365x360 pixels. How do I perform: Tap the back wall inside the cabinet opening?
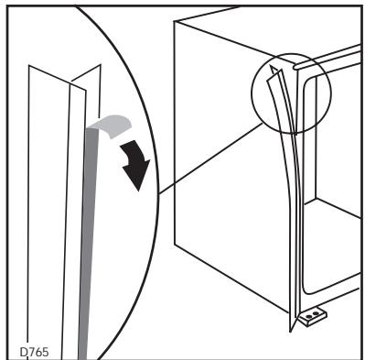[x=334, y=147]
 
